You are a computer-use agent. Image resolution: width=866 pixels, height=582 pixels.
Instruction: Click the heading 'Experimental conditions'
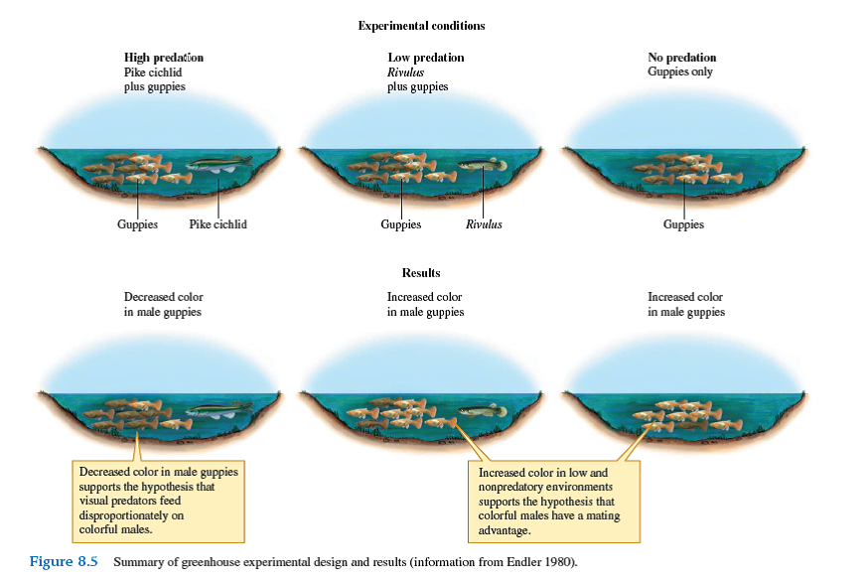421,25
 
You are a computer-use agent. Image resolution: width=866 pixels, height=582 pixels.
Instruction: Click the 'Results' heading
421,272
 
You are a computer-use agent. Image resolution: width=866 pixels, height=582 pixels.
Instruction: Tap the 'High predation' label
164,58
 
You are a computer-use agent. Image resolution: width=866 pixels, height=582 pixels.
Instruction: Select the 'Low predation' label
425,58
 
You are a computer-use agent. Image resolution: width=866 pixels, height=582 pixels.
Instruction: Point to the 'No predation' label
681,58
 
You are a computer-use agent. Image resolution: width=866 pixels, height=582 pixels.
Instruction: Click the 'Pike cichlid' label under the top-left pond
217,224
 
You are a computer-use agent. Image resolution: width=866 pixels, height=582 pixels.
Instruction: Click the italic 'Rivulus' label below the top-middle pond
484,224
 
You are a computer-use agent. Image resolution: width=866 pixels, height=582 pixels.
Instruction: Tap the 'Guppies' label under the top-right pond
683,224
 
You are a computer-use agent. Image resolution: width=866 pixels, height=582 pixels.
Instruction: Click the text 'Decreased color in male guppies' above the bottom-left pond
163,304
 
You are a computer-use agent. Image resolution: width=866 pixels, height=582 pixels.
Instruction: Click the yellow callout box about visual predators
159,500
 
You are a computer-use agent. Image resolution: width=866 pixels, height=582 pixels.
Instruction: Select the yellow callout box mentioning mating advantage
555,502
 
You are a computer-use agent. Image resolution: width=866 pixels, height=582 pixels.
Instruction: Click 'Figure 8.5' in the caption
64,562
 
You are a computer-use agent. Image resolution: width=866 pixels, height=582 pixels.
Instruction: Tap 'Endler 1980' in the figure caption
541,563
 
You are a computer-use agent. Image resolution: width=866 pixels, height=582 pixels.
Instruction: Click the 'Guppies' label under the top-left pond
137,224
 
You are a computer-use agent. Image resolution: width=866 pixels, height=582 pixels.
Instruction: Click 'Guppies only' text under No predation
680,73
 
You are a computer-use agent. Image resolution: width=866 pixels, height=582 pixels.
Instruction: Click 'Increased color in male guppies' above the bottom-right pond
686,304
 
